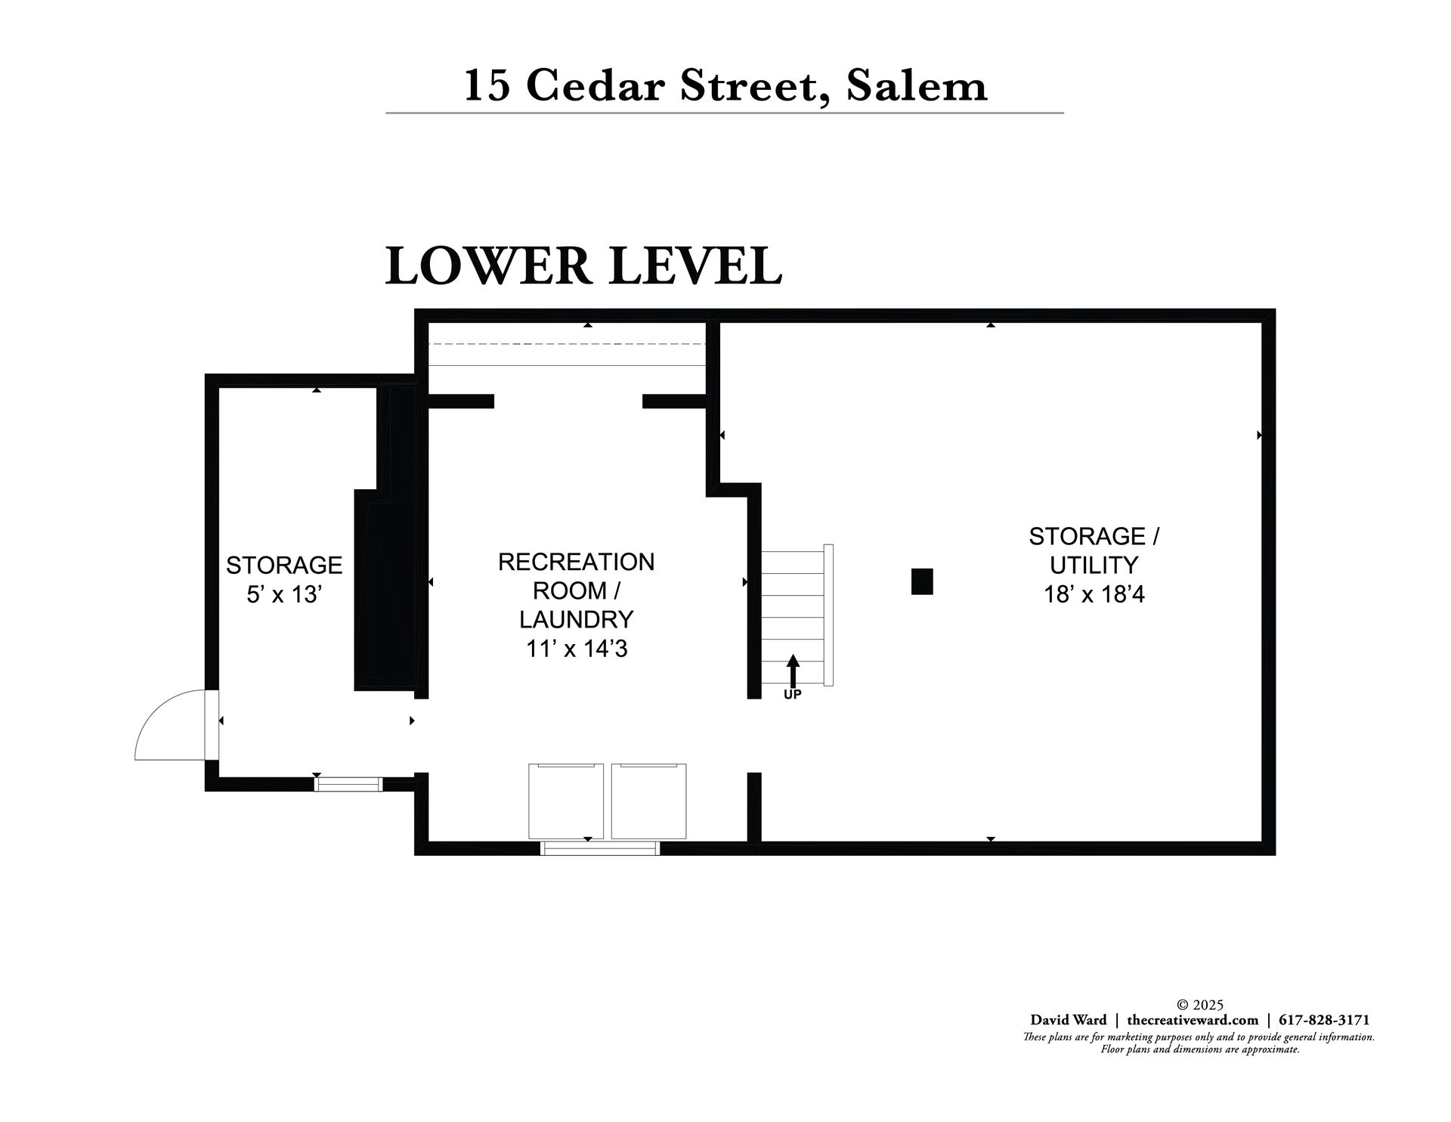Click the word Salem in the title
[x=917, y=85]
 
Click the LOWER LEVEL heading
[x=583, y=266]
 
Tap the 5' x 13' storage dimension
[x=285, y=595]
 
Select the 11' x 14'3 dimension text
[x=577, y=649]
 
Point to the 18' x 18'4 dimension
[x=1094, y=595]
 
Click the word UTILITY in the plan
[x=1094, y=566]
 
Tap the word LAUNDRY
[x=577, y=620]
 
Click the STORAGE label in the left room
[x=285, y=566]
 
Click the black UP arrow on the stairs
[x=793, y=671]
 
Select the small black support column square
[x=922, y=581]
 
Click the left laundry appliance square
[x=566, y=801]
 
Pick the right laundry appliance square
[x=649, y=801]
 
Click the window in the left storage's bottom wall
[x=348, y=784]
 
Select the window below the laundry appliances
[x=600, y=848]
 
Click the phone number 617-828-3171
[x=1323, y=1020]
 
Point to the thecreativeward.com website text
[x=1193, y=1020]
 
